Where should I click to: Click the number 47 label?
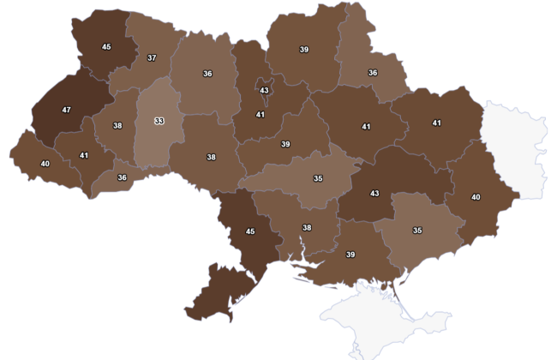tap(67, 110)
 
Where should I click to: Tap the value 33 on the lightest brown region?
tap(159, 121)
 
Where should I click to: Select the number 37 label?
tap(152, 57)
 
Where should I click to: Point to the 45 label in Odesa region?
tap(250, 231)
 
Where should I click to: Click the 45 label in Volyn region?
tap(107, 47)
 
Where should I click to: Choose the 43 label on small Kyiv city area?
tap(264, 91)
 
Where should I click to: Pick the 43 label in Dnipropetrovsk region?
tap(374, 194)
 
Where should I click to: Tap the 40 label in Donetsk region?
tap(476, 197)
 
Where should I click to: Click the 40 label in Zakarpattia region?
tap(45, 164)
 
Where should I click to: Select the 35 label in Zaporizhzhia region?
tap(417, 231)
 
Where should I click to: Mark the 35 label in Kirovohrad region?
tap(318, 178)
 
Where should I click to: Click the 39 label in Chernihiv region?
tap(304, 50)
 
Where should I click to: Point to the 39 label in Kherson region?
tap(350, 255)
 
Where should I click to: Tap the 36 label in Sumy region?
tap(373, 73)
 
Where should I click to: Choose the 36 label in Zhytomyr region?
tap(207, 74)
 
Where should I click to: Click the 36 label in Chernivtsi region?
tap(122, 177)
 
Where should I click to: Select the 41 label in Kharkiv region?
tap(436, 123)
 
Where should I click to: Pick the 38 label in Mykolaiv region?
tap(307, 227)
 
